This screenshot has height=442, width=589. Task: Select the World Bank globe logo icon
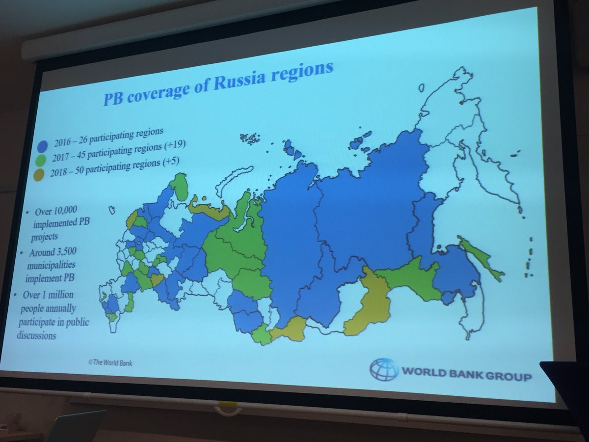pyautogui.click(x=384, y=369)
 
